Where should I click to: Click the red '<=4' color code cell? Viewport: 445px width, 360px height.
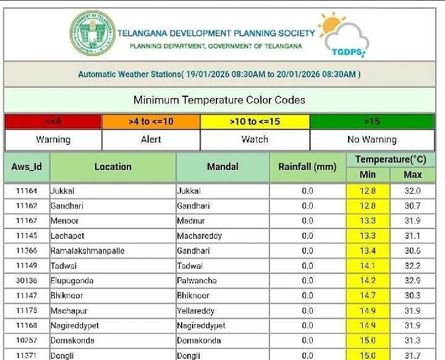53,121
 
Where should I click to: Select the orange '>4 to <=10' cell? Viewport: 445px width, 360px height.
151,121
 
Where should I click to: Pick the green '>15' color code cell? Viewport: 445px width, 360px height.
372,121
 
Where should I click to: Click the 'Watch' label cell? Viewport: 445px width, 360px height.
255,139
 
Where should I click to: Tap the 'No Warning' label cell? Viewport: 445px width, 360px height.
372,139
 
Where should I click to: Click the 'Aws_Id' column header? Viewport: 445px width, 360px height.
27,166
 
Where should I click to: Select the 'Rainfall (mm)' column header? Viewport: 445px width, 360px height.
307,166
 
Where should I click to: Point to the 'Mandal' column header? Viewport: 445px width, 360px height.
222,166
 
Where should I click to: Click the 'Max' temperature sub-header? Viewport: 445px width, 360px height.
413,175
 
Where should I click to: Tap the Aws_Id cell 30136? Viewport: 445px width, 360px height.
27,281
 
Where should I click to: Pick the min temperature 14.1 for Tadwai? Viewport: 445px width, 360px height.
368,266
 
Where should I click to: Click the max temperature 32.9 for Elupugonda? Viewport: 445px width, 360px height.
413,281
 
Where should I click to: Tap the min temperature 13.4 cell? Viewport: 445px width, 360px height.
368,251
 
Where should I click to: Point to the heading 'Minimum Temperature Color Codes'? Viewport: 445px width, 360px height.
219,100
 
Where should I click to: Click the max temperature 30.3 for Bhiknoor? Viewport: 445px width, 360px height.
413,295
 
